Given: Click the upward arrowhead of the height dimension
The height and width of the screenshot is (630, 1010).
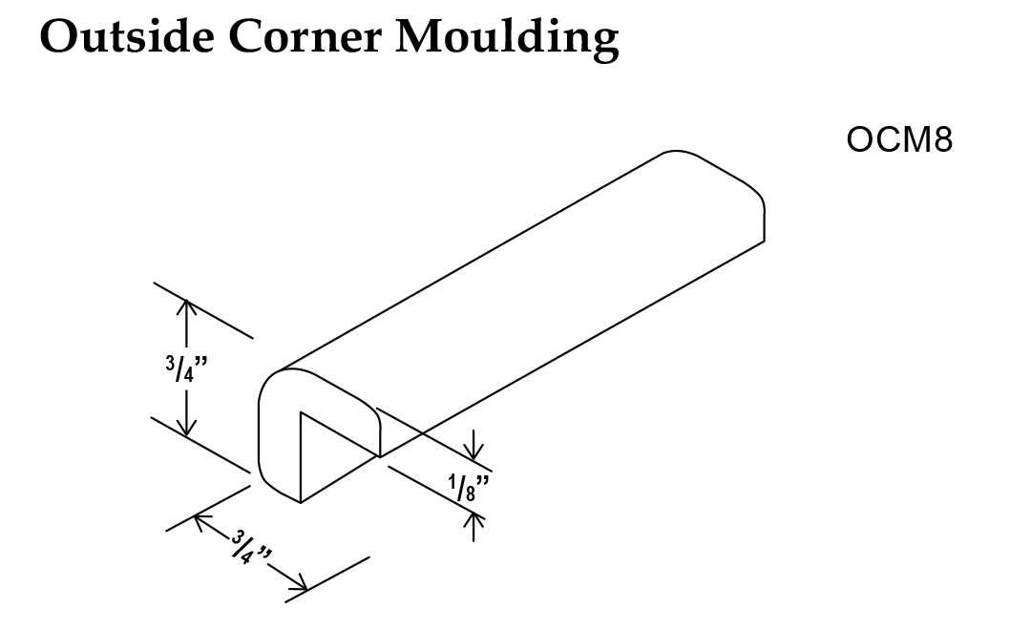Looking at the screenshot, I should [186, 306].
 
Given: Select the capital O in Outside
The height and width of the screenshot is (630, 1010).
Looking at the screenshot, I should [60, 39].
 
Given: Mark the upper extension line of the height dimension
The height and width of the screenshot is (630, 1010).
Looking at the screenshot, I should [203, 310].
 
